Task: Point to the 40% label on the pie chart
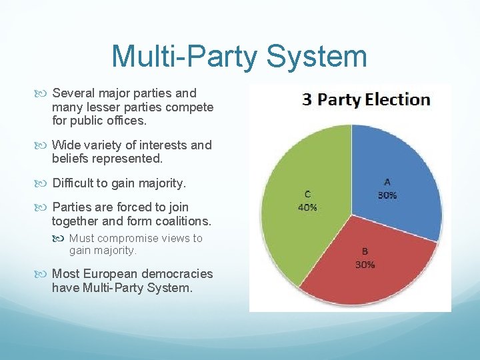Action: click(x=307, y=207)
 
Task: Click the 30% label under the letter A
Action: click(x=387, y=195)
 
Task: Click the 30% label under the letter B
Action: click(x=365, y=264)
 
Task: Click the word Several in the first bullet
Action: click(x=74, y=93)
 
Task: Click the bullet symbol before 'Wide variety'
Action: click(x=43, y=145)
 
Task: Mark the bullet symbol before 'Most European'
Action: click(x=43, y=274)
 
